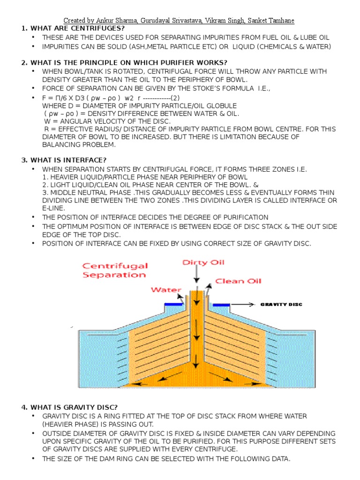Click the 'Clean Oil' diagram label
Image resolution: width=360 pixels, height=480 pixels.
click(238, 281)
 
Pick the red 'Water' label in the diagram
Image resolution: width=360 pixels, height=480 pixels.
click(166, 290)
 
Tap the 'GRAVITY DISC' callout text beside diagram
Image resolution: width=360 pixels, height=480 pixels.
click(281, 304)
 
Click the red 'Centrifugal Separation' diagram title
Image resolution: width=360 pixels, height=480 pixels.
click(115, 270)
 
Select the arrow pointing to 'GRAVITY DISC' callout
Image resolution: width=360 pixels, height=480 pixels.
click(244, 304)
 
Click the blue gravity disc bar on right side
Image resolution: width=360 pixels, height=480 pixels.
click(219, 305)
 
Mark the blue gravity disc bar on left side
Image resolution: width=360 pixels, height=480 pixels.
click(174, 304)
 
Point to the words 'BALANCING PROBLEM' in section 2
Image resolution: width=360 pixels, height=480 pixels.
click(79, 145)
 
